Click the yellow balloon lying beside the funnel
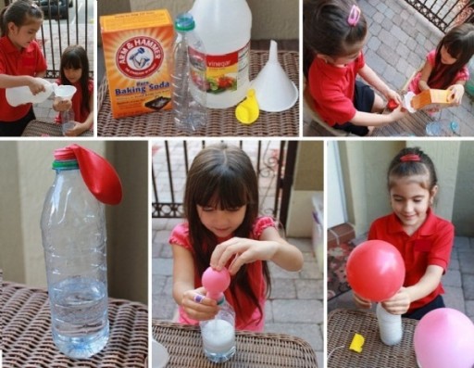pyautogui.click(x=247, y=108)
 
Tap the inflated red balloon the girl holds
pyautogui.click(x=375, y=270)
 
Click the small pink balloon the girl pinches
pyautogui.click(x=216, y=281)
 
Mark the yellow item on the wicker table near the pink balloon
pyautogui.click(x=356, y=342)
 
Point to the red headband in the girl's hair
pyautogui.click(x=409, y=159)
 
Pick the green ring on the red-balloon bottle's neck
pyautogui.click(x=65, y=165)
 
